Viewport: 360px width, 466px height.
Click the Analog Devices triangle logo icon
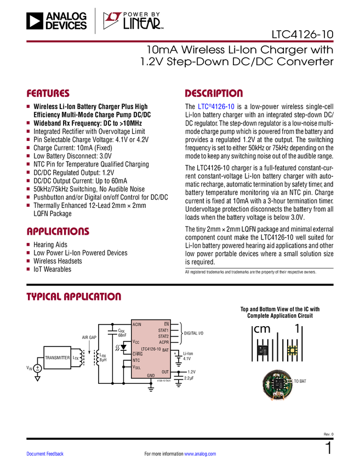point(35,21)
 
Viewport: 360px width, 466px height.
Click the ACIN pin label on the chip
point(137,325)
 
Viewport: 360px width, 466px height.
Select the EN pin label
point(166,325)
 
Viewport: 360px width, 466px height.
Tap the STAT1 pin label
point(163,331)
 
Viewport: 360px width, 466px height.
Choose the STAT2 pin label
point(163,337)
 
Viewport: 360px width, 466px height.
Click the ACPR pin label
point(164,343)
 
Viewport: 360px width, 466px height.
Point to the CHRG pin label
point(137,354)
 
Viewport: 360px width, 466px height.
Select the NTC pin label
point(136,361)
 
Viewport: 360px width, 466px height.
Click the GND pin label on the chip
point(151,376)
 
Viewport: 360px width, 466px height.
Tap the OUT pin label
point(165,372)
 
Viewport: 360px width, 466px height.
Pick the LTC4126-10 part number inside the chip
point(151,349)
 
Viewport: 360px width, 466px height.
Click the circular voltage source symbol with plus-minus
point(38,368)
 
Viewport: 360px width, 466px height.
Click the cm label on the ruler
point(262,329)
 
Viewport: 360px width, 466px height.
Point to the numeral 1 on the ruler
point(297,328)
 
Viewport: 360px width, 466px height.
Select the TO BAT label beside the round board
point(300,381)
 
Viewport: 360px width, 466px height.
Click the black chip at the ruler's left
point(263,349)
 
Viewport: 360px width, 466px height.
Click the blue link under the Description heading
point(216,107)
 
